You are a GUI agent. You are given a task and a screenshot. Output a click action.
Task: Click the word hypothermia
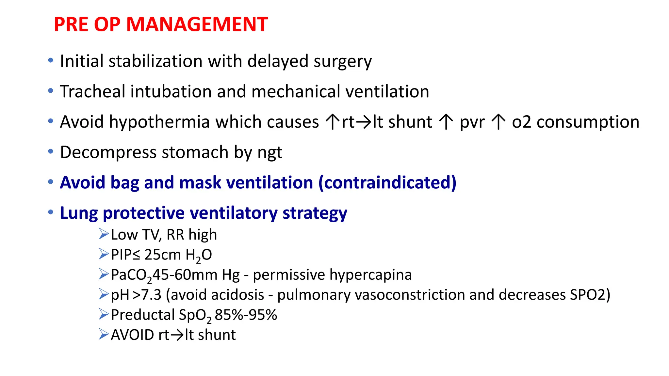point(159,122)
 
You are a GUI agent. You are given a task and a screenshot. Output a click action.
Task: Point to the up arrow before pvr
point(446,122)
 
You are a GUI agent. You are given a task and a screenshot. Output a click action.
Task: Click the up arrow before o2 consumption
point(498,122)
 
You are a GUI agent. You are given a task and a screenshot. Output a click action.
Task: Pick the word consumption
point(588,122)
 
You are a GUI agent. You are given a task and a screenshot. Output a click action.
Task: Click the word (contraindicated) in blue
point(387,182)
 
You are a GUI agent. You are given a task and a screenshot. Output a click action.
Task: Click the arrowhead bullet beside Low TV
point(104,234)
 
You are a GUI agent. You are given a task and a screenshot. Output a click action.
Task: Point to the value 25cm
point(162,255)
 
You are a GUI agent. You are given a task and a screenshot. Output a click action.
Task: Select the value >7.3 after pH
point(147,295)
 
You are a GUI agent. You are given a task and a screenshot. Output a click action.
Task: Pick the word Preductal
point(143,315)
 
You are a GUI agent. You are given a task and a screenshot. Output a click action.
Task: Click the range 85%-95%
point(246,315)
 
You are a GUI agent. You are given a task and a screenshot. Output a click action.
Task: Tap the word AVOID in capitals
point(132,335)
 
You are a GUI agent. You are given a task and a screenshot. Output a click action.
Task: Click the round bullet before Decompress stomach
point(50,151)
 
